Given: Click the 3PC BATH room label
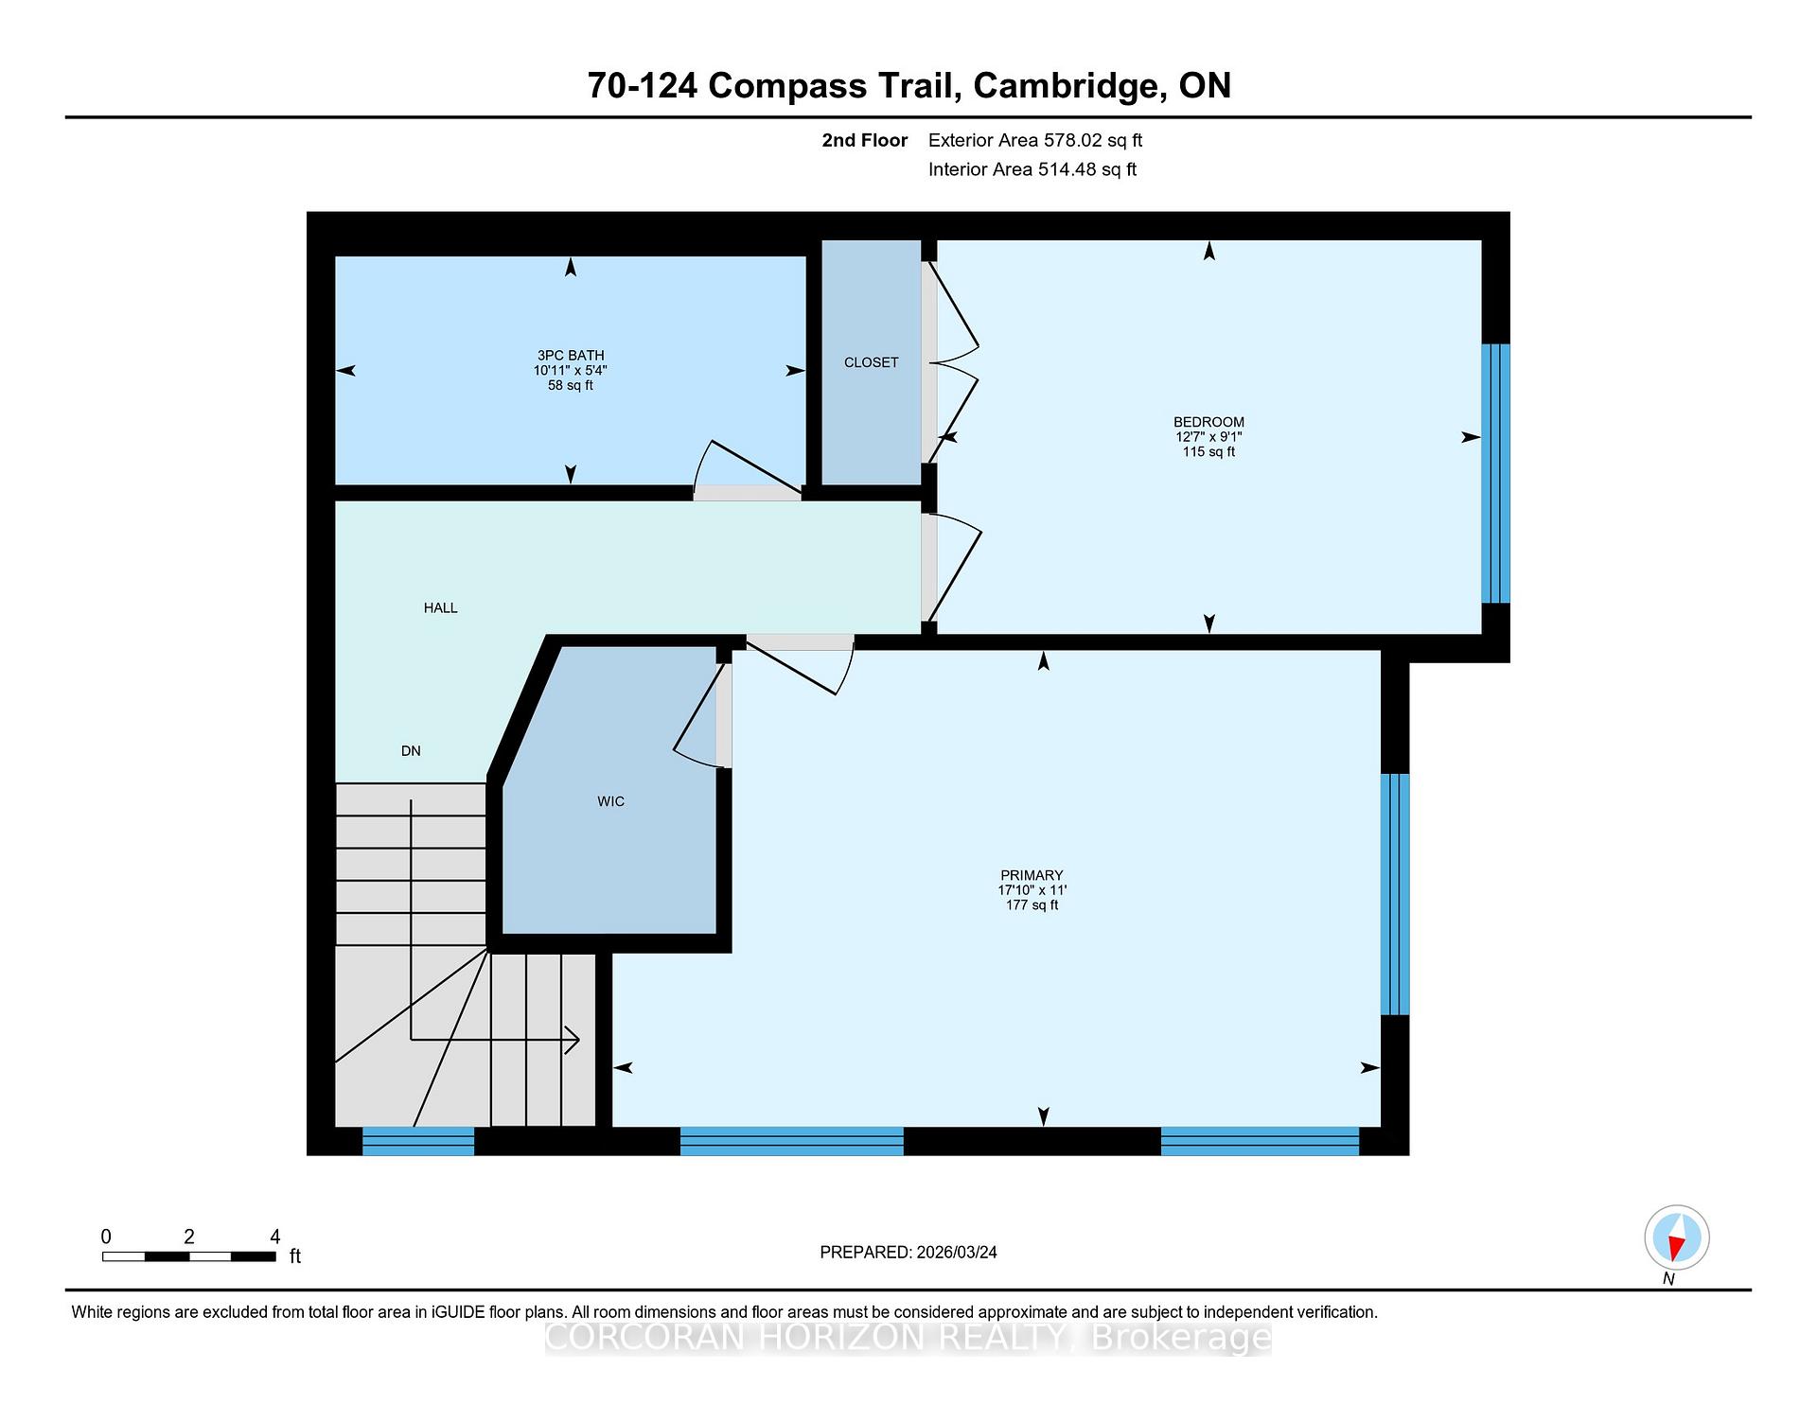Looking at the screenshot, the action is click(x=571, y=356).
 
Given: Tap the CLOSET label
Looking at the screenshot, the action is click(x=872, y=362).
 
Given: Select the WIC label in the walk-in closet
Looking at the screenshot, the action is click(x=610, y=801).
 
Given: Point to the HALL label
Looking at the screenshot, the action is click(x=440, y=608).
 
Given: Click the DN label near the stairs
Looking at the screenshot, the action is click(x=411, y=751).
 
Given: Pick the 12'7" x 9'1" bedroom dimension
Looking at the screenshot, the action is click(x=1208, y=437).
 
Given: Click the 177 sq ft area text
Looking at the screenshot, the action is click(x=1032, y=905).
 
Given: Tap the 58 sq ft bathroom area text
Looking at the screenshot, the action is click(x=571, y=385).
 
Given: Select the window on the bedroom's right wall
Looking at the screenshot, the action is click(x=1495, y=473).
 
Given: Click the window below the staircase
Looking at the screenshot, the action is click(x=418, y=1141).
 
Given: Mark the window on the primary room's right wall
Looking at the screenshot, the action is click(x=1395, y=894).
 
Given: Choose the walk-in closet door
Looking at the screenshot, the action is click(x=701, y=714).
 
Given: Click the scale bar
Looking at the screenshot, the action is click(x=188, y=1256).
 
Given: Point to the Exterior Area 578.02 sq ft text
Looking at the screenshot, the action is click(x=1035, y=140).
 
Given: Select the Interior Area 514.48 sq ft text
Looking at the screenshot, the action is click(x=1032, y=169).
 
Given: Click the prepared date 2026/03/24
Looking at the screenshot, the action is click(x=957, y=1253).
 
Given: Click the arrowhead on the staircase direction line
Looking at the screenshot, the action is click(x=573, y=1040).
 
